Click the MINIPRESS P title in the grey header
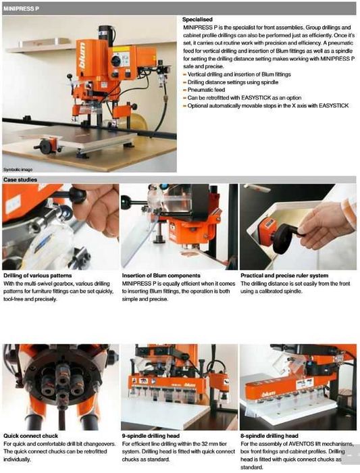coord(21,9)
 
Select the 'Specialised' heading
coord(197,20)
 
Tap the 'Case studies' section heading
coord(20,180)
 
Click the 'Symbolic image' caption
coord(18,170)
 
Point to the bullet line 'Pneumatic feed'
coord(206,90)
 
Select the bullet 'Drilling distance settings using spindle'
coord(233,82)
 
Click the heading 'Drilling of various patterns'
coord(38,276)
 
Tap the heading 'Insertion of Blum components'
coord(161,276)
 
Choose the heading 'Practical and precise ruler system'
coord(284,276)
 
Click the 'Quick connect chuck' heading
coord(31,436)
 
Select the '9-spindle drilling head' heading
coord(151,436)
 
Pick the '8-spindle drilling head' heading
coord(269,436)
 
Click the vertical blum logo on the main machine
coord(82,55)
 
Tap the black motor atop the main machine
coord(107,36)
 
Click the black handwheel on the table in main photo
coord(45,147)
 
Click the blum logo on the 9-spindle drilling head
coord(190,384)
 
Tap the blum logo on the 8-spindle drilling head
coord(268,394)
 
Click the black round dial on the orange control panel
coord(115,61)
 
